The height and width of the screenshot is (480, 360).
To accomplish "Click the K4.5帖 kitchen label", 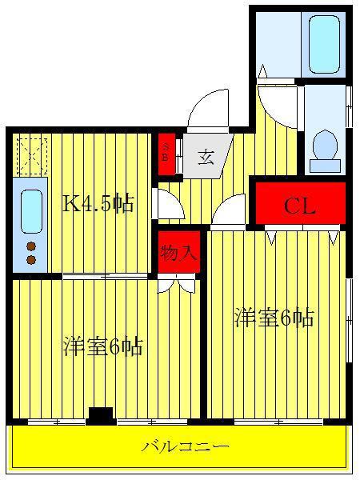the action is [x=98, y=203].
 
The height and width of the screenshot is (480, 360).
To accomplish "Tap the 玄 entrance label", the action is [x=206, y=158].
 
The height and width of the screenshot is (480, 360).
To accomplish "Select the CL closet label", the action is [x=299, y=206].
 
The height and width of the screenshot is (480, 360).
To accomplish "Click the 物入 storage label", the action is [x=178, y=253].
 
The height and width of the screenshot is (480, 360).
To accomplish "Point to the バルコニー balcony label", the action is [x=186, y=446].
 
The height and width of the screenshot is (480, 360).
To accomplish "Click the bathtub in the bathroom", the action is [x=324, y=44].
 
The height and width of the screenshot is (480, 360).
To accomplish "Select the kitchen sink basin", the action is [x=31, y=211].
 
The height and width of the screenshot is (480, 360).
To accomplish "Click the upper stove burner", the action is [x=31, y=246].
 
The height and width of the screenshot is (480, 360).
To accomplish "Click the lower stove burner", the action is [x=31, y=260].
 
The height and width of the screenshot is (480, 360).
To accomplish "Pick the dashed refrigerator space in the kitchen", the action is [x=32, y=157].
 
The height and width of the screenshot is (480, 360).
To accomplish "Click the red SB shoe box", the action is [x=166, y=154].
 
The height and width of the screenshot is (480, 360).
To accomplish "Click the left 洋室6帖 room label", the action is [x=103, y=346].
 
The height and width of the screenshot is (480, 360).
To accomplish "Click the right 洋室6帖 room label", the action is [x=274, y=318].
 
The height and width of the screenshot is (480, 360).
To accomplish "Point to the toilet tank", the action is [x=325, y=166].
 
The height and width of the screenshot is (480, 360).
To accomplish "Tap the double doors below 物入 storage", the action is [x=177, y=283].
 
